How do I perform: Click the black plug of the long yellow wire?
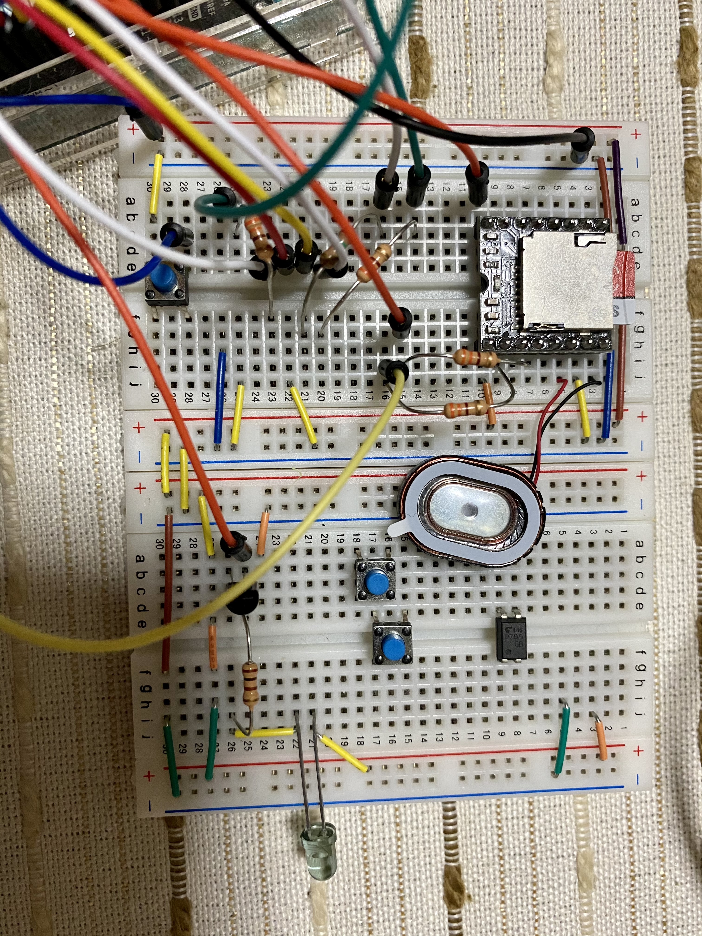coord(393,369)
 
